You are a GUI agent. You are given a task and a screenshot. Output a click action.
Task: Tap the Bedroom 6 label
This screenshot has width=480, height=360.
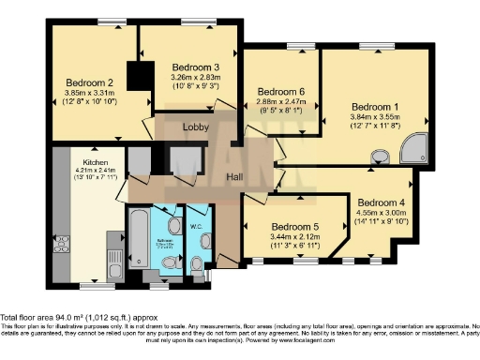(280, 91)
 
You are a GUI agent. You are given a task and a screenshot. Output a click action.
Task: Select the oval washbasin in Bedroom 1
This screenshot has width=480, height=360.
(380, 160)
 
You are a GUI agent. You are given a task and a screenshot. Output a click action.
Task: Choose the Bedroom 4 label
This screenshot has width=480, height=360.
(381, 202)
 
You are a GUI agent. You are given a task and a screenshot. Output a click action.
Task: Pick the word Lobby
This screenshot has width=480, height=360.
(195, 126)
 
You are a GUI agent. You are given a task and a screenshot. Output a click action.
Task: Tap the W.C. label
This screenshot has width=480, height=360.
(198, 224)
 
